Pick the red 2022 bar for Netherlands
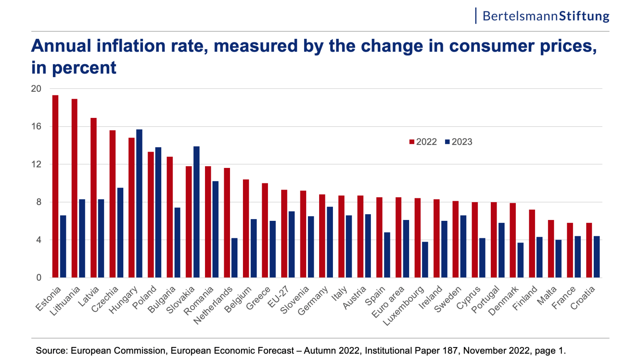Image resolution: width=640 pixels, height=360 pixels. (x=227, y=222)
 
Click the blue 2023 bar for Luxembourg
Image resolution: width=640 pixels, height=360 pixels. (x=425, y=260)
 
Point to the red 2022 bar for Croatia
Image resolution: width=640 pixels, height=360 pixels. (x=589, y=250)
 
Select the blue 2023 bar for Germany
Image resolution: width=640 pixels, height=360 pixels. (x=330, y=242)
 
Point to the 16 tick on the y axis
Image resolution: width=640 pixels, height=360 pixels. (x=36, y=126)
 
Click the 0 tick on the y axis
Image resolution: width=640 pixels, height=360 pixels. (x=39, y=278)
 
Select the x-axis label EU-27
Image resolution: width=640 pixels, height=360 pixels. (x=278, y=297)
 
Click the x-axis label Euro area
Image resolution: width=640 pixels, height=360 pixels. (x=388, y=302)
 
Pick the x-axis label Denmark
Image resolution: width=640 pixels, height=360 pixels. (x=503, y=301)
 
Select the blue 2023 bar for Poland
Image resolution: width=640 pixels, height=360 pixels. (x=158, y=212)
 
